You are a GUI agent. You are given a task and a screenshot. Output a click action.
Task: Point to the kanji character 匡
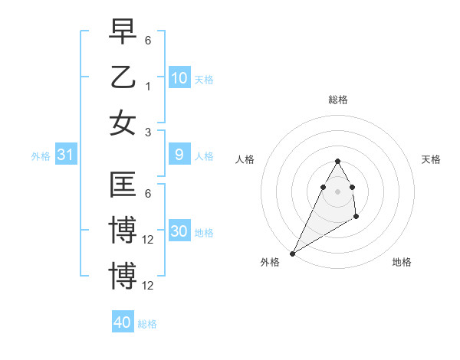click(123, 185)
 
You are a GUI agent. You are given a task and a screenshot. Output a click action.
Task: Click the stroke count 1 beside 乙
click(148, 87)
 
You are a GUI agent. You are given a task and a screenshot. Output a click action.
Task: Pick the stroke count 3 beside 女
click(148, 133)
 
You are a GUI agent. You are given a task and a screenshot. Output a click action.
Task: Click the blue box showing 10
click(179, 78)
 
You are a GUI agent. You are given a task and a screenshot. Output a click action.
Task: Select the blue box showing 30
click(179, 232)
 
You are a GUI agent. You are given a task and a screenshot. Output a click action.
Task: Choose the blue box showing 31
click(66, 155)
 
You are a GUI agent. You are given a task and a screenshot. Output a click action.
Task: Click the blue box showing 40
click(123, 322)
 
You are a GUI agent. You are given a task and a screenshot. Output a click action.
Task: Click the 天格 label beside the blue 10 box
click(204, 80)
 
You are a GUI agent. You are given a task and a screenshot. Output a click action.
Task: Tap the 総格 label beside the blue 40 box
click(147, 324)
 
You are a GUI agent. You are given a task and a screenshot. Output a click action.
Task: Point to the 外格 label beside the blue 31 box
click(41, 156)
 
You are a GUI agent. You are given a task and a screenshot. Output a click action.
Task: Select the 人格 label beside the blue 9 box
click(204, 156)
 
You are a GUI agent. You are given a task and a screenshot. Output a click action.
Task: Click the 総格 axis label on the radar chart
click(337, 100)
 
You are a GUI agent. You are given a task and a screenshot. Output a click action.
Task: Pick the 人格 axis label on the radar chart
click(245, 159)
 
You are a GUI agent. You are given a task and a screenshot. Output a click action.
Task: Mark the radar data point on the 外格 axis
click(292, 254)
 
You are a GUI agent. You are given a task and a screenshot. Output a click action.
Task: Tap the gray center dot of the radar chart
click(337, 191)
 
